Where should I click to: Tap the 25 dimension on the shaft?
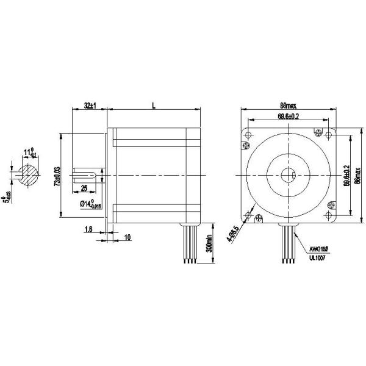pos(84,187)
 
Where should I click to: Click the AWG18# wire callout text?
pos(318,249)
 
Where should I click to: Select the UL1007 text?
pos(318,258)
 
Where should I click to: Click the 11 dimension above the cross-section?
pos(28,151)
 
